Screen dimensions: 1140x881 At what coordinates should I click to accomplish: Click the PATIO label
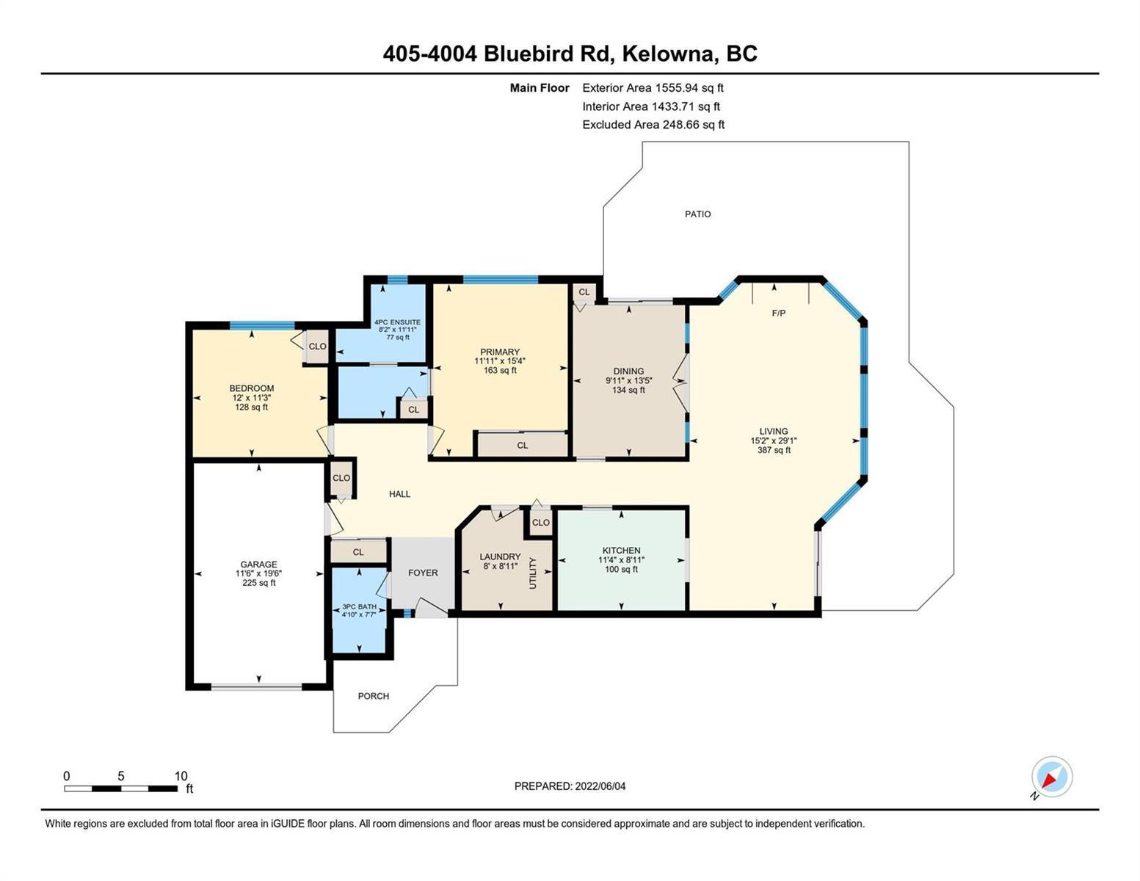coord(697,214)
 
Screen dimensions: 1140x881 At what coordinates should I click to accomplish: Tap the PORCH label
coord(373,696)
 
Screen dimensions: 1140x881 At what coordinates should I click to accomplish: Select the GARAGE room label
coord(258,565)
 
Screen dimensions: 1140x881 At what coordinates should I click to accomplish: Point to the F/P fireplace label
coord(779,313)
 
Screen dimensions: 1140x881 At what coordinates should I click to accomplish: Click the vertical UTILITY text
coord(533,573)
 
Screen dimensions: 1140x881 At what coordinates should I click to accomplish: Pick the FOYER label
coord(423,573)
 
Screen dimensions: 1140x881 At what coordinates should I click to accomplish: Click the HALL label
coord(399,494)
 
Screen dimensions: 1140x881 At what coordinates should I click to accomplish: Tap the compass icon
coord(1051,777)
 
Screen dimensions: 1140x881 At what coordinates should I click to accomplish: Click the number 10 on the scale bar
coord(181,776)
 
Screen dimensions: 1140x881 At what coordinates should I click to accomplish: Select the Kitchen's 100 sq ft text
coord(621,569)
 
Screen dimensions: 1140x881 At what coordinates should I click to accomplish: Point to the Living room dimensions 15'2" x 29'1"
coord(773,440)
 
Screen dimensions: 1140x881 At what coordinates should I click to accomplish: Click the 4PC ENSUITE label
coord(397,322)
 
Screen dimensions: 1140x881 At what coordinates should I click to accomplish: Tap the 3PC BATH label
coord(360,606)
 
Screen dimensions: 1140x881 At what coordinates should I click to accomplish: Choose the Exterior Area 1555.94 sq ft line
coord(653,87)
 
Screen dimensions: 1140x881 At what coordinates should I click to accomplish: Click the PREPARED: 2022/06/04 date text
coord(570,786)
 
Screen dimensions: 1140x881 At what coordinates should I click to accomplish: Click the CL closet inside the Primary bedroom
coord(522,446)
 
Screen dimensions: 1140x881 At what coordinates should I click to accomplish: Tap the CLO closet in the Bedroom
coord(317,347)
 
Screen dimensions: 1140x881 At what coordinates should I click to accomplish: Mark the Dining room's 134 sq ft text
coord(628,390)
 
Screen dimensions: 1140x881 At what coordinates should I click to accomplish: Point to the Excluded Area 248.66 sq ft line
coord(653,124)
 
